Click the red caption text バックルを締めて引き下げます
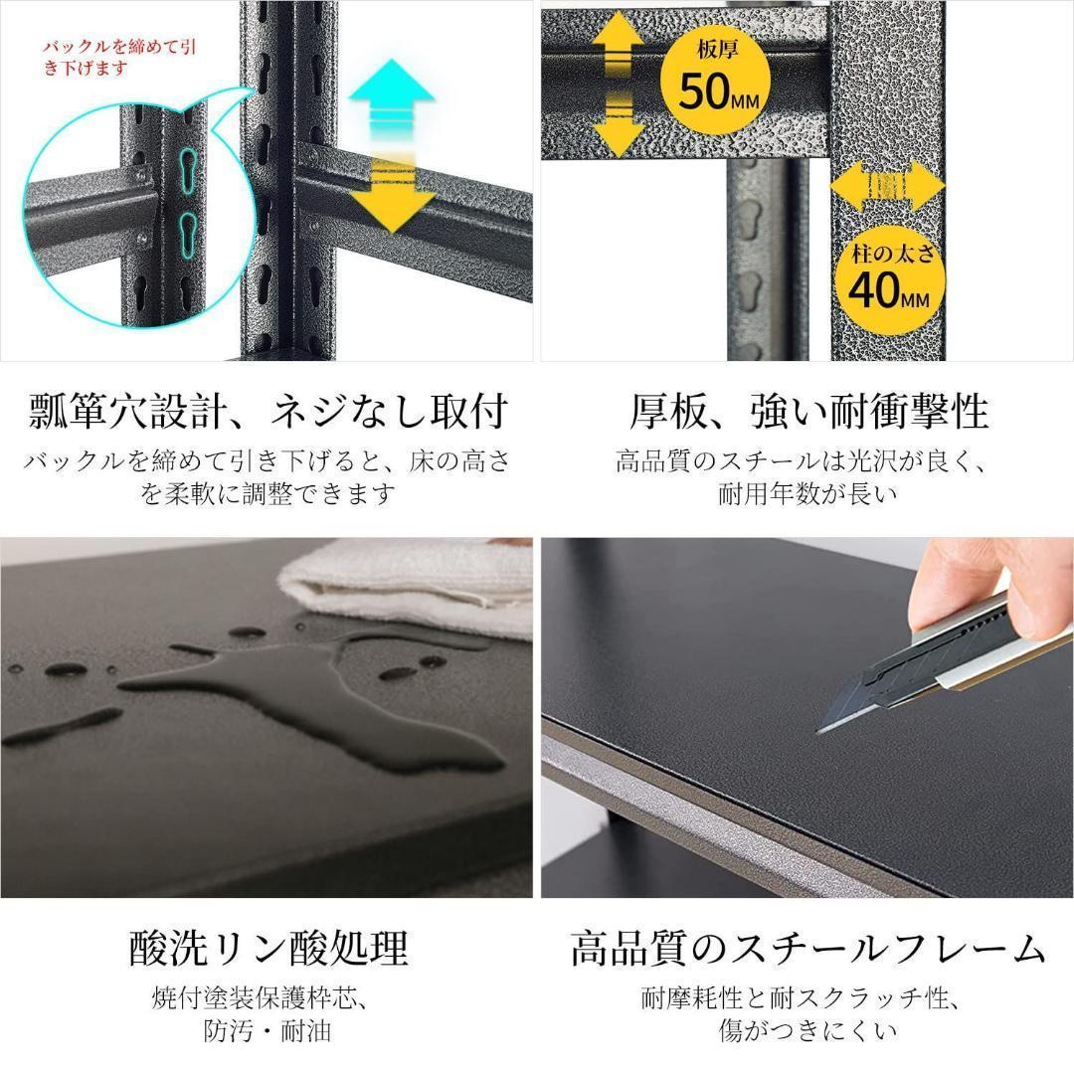[103, 57]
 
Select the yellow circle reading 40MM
[891, 279]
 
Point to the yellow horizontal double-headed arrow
[886, 187]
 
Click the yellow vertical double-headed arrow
[617, 86]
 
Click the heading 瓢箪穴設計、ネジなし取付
[268, 410]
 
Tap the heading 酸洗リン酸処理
[268, 948]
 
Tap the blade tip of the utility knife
[821, 729]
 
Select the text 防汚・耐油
[268, 1030]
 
